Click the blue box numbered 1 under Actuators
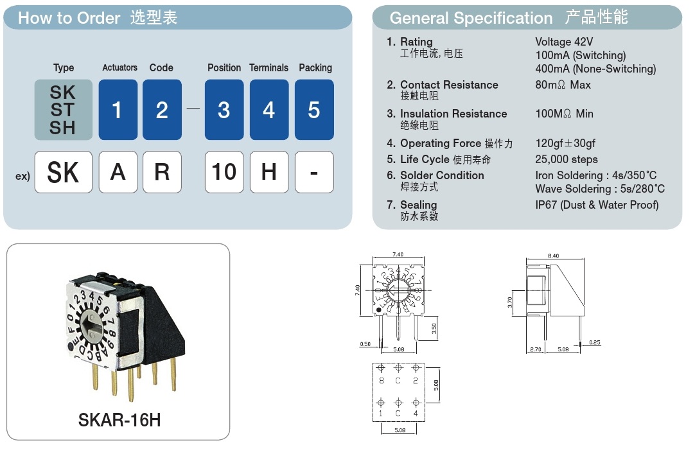tap(118, 110)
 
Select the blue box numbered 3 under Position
tap(224, 110)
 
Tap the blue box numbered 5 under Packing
tap(314, 110)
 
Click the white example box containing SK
tap(63, 172)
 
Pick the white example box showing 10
tap(224, 172)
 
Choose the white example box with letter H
tap(269, 172)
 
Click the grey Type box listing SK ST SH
tap(63, 110)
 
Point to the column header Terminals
tap(269, 67)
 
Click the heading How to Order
tap(69, 18)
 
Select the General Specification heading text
tap(471, 18)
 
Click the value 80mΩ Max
tap(563, 85)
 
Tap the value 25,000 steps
tap(566, 159)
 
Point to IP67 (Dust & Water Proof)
tap(597, 205)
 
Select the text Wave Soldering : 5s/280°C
tap(600, 189)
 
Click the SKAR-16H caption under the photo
tap(119, 420)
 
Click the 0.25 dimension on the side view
tap(594, 343)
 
